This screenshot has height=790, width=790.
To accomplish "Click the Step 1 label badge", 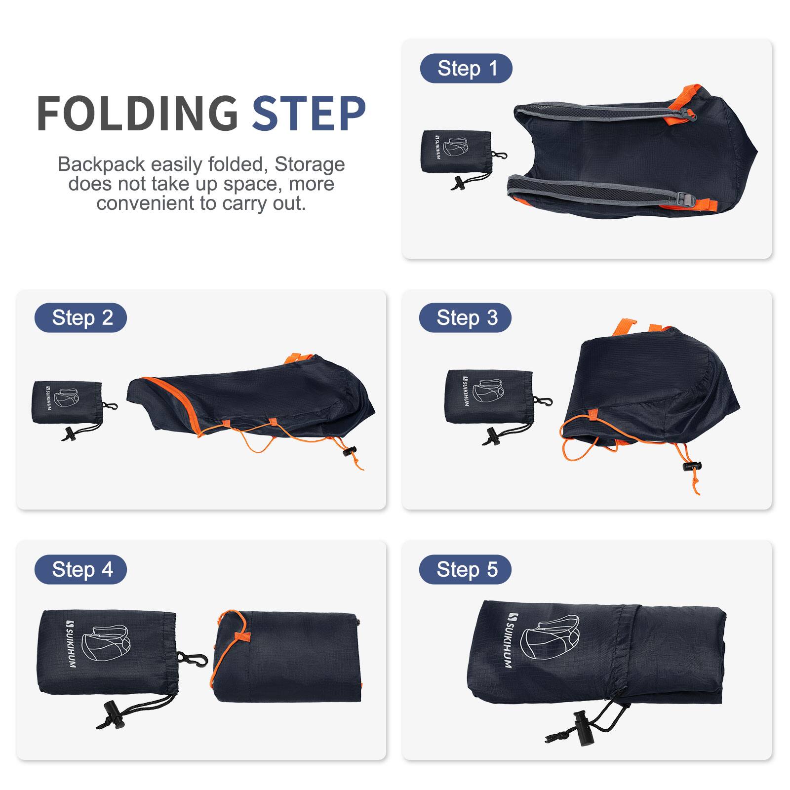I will pyautogui.click(x=466, y=68).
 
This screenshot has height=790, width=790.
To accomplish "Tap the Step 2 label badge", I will pyautogui.click(x=80, y=317).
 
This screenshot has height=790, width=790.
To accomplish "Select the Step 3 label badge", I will pyautogui.click(x=465, y=317).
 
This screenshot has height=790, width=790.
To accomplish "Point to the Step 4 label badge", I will pyautogui.click(x=80, y=569).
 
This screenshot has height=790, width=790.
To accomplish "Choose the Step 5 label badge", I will pyautogui.click(x=465, y=569).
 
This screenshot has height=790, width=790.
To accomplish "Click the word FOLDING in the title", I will pyautogui.click(x=137, y=114).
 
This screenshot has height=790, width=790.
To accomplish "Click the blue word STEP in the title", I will pyautogui.click(x=309, y=114).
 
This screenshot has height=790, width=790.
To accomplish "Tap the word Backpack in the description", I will pyautogui.click(x=101, y=164).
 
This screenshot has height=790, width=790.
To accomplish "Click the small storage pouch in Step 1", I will pyautogui.click(x=457, y=152).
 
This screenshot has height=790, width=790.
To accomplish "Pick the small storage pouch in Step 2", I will pyautogui.click(x=67, y=402).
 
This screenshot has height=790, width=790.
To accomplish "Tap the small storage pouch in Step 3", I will pyautogui.click(x=488, y=397).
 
